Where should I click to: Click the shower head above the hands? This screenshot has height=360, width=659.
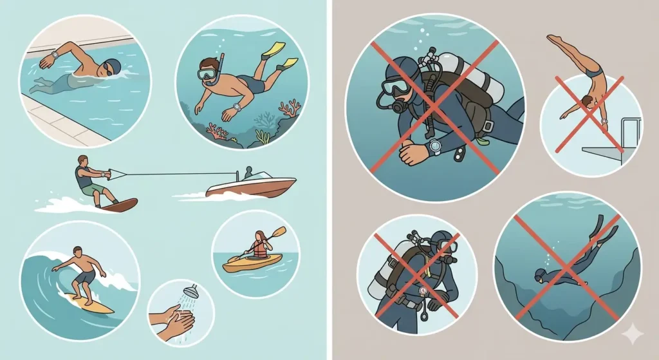[x=190, y=292]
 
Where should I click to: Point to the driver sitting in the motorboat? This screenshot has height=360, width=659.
[x=248, y=173]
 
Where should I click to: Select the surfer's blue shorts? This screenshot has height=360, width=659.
[x=85, y=276]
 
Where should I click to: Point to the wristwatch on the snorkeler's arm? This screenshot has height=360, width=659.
[x=236, y=107]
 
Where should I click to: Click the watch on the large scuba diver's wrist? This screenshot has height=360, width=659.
[x=436, y=147]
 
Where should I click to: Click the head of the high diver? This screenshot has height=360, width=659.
[x=586, y=101]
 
